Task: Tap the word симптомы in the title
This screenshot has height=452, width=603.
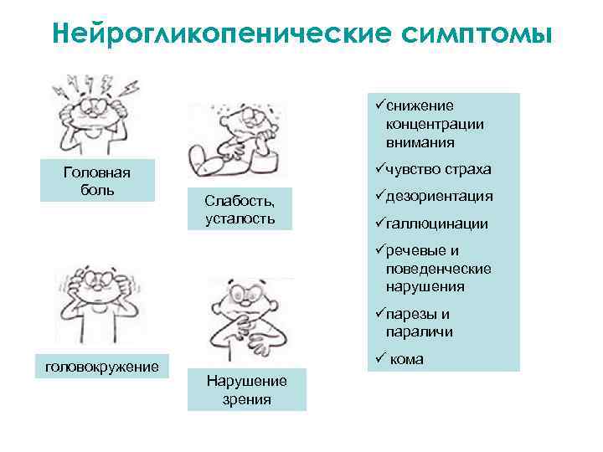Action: click(x=477, y=34)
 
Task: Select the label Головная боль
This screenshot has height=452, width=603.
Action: click(x=97, y=180)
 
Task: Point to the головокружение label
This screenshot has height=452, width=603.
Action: click(x=102, y=366)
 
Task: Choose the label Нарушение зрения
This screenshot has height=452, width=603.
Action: click(x=246, y=390)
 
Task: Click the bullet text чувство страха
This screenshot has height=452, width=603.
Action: click(x=439, y=170)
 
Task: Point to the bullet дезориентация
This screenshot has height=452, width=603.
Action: click(x=439, y=197)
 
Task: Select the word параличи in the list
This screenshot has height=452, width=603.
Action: click(x=420, y=331)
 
